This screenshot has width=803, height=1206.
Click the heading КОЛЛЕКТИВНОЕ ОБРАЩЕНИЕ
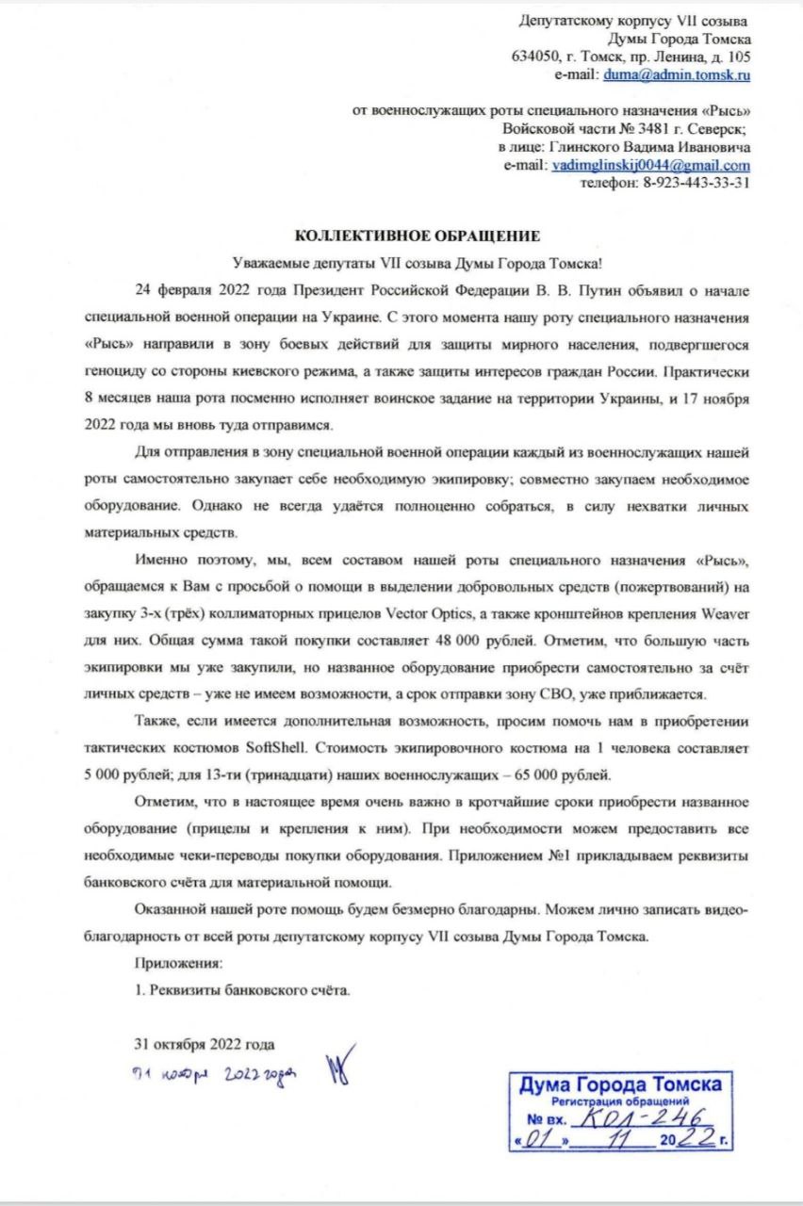[x=418, y=235]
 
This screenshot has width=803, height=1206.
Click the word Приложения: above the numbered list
[x=179, y=965]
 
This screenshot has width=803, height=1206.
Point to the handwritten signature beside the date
[x=336, y=1068]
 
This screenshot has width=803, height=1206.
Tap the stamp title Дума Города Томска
[x=621, y=1084]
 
